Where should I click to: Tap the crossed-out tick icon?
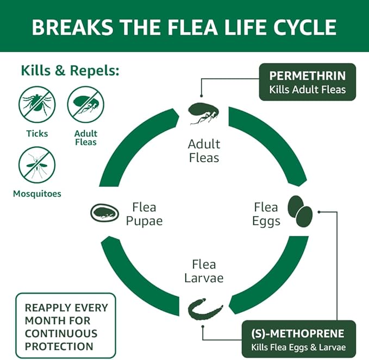point(37,105)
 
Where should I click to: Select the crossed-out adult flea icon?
point(85,105)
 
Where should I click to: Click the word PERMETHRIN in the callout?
point(307,75)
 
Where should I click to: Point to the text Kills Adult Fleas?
point(307,90)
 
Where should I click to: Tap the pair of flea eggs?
point(300,212)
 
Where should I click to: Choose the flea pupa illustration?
point(105,212)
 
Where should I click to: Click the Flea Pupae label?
point(144,214)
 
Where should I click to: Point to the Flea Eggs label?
point(266,214)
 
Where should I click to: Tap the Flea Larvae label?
point(204,271)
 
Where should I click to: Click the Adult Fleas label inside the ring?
point(204,151)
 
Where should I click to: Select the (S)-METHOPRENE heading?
point(297,333)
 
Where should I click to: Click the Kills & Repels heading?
point(70,71)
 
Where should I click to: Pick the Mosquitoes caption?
point(37,193)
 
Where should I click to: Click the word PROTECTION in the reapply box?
point(59,346)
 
